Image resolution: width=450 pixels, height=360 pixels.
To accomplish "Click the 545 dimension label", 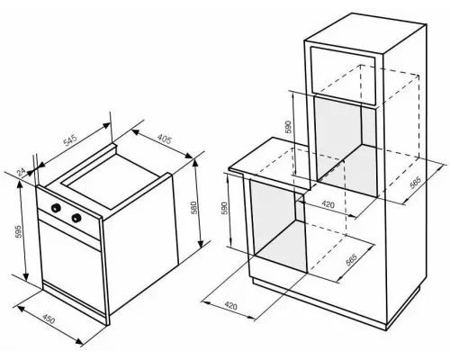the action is pyautogui.click(x=70, y=141).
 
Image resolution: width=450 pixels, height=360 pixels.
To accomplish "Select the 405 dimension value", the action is pyautogui.click(x=165, y=139).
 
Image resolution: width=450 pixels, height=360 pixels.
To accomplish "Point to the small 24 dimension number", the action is pyautogui.click(x=21, y=172).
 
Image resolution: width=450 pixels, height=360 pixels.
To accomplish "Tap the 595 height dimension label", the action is pyautogui.click(x=19, y=231).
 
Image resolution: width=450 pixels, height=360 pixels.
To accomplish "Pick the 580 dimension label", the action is pyautogui.click(x=193, y=208).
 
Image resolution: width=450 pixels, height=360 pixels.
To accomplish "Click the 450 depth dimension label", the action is pyautogui.click(x=49, y=319).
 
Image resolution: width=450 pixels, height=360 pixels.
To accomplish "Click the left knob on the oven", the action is pyautogui.click(x=56, y=208).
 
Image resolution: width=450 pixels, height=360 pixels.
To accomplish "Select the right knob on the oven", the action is pyautogui.click(x=76, y=217).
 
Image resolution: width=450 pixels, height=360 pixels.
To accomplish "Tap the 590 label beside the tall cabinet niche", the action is pyautogui.click(x=288, y=128).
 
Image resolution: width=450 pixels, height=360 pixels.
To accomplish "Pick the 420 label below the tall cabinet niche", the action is pyautogui.click(x=328, y=204).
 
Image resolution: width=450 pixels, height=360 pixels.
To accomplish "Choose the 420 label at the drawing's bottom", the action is pyautogui.click(x=230, y=306).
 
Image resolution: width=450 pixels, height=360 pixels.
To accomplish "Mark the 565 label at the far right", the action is pyautogui.click(x=416, y=183).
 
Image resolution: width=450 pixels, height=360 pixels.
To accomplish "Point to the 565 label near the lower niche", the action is pyautogui.click(x=351, y=260).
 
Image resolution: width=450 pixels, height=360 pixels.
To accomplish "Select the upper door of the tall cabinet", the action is pyautogui.click(x=343, y=76).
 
